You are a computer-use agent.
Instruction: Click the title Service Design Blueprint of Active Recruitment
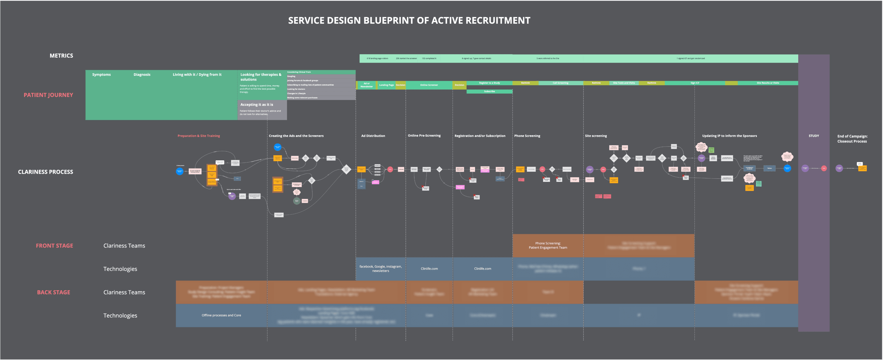tap(409, 21)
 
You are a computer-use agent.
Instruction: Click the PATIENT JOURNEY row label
tap(48, 95)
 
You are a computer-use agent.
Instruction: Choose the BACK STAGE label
tap(53, 292)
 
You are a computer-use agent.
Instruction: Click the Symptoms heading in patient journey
tap(101, 74)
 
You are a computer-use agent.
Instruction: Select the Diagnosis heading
tap(142, 74)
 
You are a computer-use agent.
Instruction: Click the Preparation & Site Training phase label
tap(199, 136)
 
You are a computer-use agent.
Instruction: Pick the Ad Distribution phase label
tap(373, 136)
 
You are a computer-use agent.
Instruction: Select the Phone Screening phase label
tap(527, 136)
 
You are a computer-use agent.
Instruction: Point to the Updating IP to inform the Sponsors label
tap(729, 136)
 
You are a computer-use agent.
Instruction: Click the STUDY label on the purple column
tap(813, 136)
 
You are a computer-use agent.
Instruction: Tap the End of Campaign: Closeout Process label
tap(852, 138)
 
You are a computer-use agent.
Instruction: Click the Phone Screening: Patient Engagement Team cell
tap(547, 245)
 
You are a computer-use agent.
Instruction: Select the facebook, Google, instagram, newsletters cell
tap(380, 268)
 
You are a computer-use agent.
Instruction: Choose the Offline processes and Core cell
tap(221, 315)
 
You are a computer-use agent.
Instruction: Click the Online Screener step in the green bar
tap(428, 85)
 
